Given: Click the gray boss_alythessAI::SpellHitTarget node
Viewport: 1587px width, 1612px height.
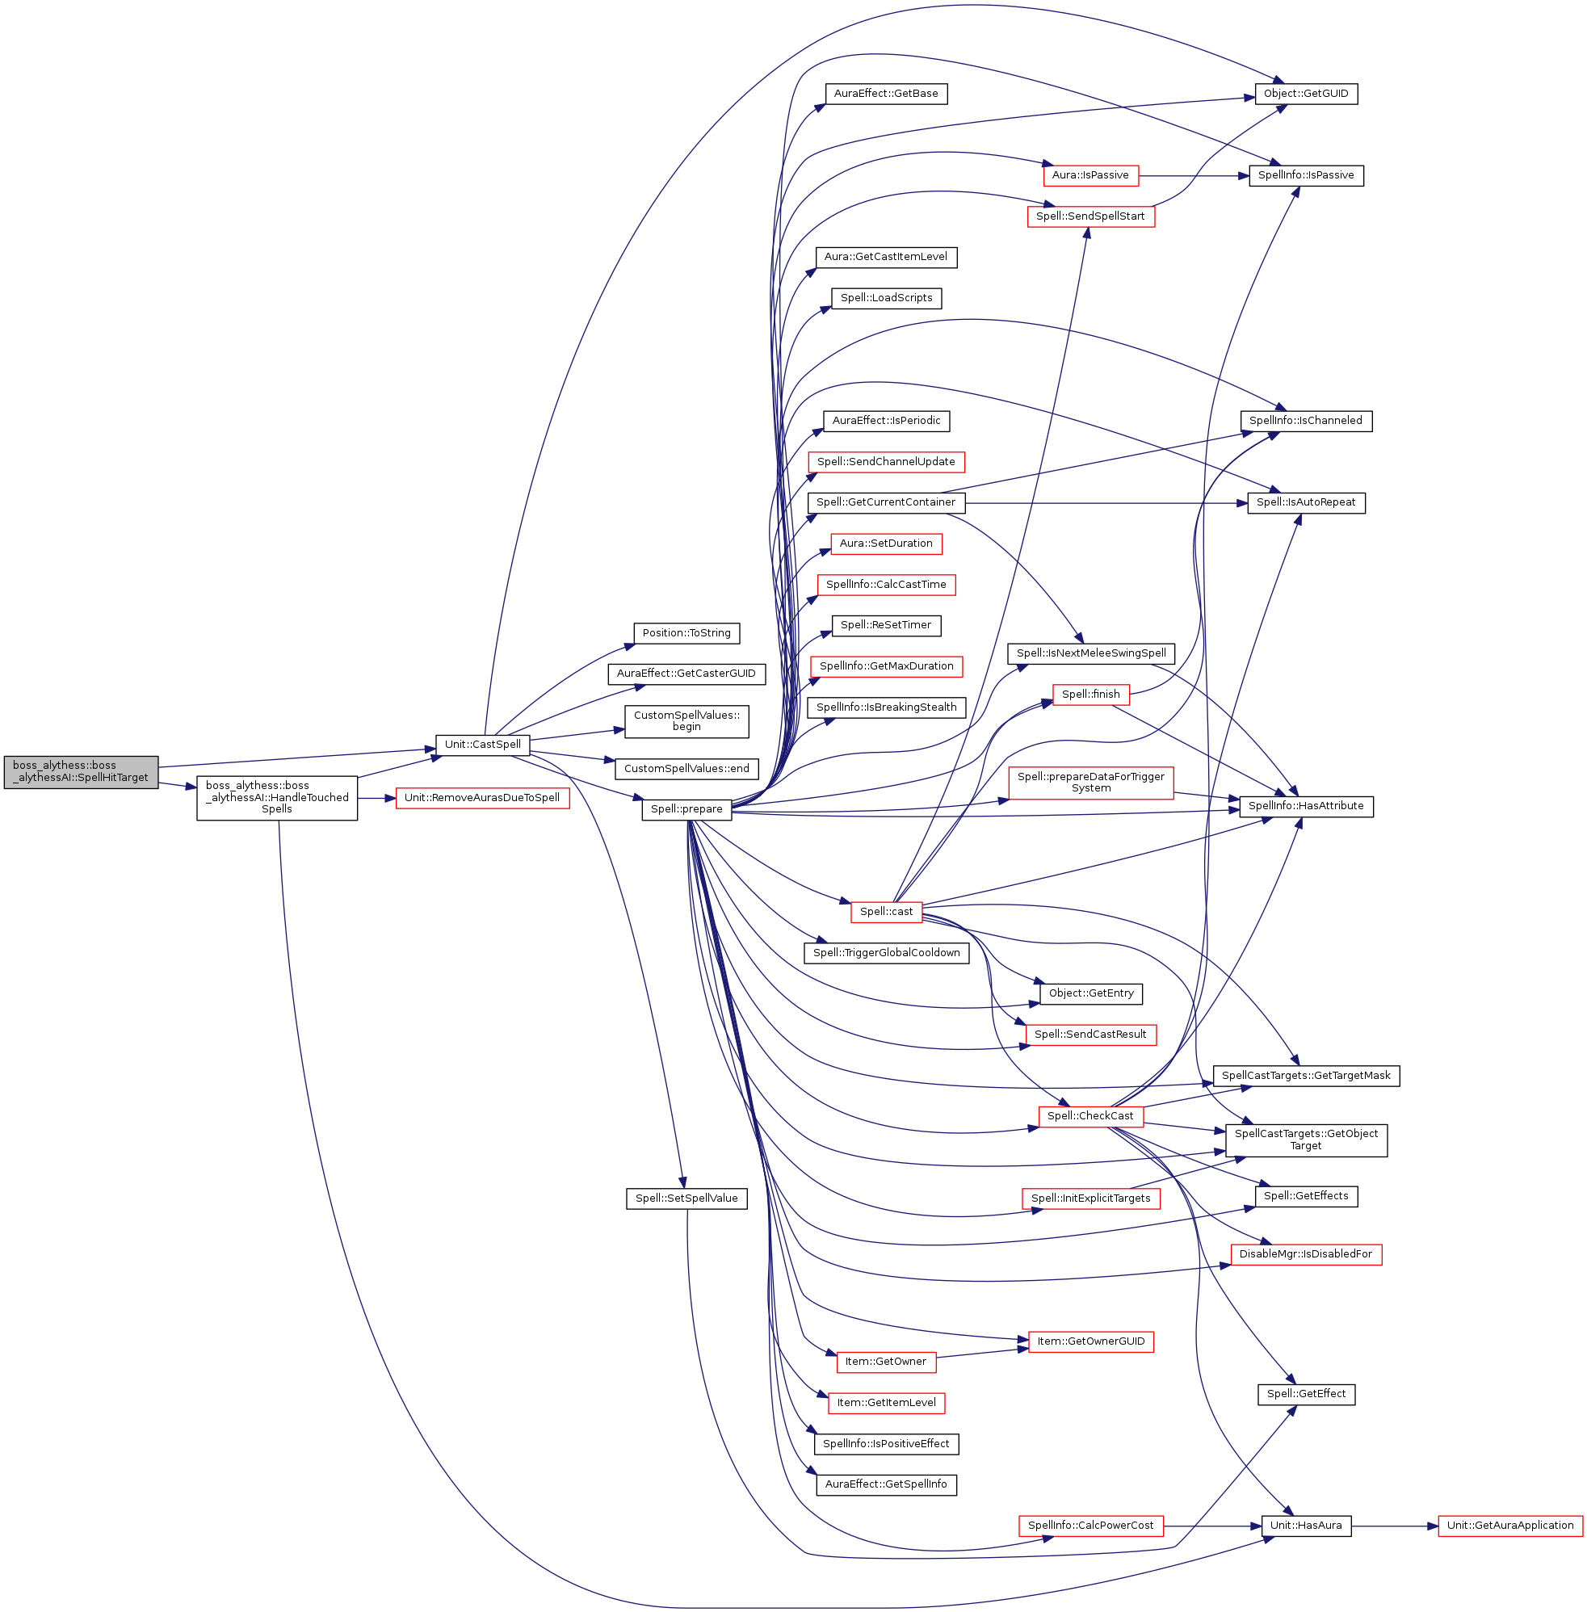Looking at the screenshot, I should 81,771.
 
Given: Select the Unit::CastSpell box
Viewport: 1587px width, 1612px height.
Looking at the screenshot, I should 483,745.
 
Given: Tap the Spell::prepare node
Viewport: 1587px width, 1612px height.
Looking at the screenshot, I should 686,808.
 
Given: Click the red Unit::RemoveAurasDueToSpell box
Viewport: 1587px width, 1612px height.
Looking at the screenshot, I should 482,798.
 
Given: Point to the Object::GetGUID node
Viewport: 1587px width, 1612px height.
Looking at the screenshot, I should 1305,94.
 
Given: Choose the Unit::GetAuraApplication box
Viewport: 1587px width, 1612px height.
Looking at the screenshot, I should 1509,1526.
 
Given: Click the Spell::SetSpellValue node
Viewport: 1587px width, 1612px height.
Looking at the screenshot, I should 686,1198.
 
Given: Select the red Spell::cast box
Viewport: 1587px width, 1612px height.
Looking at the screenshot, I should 886,911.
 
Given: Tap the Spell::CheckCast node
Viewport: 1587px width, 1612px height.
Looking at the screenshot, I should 1090,1115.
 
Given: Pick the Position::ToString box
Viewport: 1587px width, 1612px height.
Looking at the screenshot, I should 686,632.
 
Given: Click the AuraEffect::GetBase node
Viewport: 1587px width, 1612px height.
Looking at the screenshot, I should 886,94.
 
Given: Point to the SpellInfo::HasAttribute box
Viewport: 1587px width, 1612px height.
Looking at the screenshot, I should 1305,805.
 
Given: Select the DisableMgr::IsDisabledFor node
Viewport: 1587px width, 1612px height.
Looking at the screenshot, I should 1305,1253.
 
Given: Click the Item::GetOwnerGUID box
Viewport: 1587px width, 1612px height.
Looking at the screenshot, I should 1090,1341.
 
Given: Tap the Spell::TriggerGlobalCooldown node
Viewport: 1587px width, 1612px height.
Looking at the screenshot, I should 886,952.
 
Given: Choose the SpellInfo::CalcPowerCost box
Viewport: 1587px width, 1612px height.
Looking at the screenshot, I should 1090,1526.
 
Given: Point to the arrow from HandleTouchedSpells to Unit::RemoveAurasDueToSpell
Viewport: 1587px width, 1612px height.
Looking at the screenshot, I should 376,798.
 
